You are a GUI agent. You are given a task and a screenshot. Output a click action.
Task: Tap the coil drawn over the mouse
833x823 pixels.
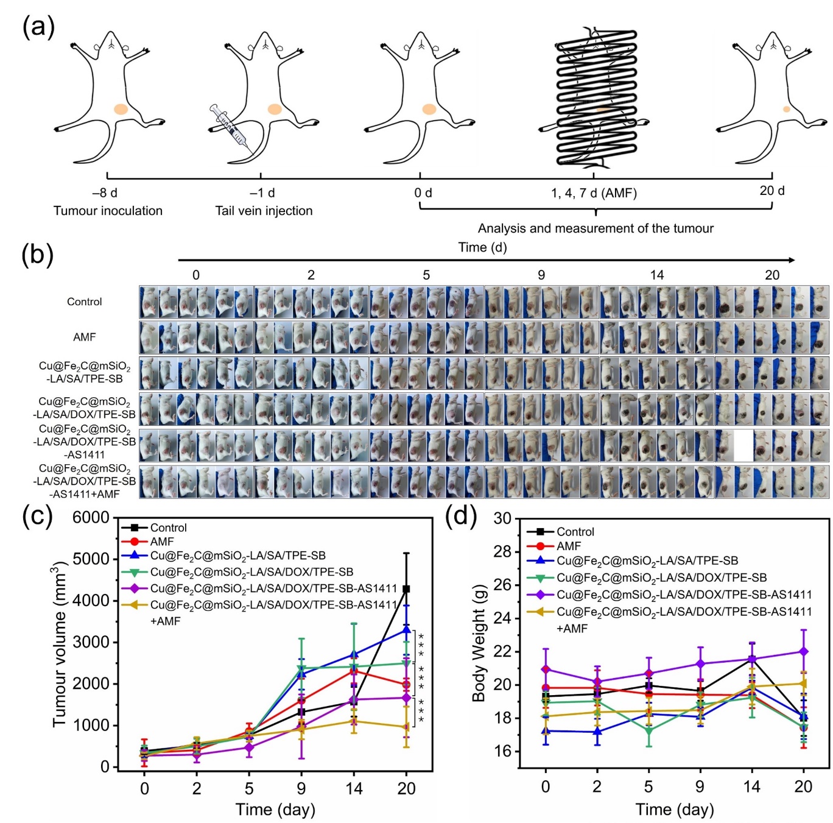[596, 97]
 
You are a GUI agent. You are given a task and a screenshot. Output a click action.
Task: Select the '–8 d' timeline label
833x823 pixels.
[105, 193]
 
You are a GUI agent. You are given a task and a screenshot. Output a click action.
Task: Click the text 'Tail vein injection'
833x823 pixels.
[264, 211]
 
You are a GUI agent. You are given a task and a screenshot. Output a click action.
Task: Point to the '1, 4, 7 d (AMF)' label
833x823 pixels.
[594, 193]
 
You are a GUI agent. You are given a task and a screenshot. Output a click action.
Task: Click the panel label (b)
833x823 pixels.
[37, 255]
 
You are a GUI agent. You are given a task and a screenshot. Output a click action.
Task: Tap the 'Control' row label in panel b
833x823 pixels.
[85, 302]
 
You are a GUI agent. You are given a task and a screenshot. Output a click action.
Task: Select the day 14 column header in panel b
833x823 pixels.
[656, 275]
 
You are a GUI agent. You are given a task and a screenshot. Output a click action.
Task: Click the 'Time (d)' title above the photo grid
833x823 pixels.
[482, 247]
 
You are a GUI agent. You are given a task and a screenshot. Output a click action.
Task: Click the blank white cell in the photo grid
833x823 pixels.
[743, 445]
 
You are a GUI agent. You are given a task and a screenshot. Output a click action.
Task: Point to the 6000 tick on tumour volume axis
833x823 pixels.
[91, 518]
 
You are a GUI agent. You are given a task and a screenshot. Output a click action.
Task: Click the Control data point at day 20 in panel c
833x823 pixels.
[406, 589]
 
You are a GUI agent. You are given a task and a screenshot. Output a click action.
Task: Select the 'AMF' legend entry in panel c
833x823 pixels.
[162, 542]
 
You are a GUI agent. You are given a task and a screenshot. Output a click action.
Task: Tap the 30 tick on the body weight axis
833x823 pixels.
[502, 518]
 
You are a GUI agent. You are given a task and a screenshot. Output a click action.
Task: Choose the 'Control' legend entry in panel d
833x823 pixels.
[575, 532]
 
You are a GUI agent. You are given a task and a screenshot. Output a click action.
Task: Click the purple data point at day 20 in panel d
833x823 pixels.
[803, 652]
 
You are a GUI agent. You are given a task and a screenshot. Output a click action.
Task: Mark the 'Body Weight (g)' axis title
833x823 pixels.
[479, 643]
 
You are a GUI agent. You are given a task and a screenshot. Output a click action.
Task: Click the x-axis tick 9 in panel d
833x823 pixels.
[700, 786]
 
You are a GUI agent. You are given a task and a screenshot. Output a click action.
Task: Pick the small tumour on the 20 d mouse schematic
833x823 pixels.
[786, 110]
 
